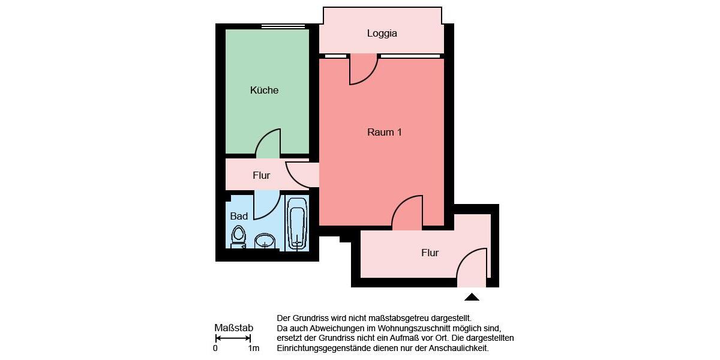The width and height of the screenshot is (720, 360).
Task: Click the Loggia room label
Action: pos(382,34)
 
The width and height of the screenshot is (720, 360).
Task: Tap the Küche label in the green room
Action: pos(264,91)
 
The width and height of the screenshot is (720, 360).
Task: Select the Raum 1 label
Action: pos(384,132)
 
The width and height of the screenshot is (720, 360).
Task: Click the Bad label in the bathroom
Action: pos(239,216)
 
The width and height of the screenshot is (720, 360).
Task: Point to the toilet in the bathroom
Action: pos(239,236)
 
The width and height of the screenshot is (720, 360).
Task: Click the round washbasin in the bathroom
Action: pos(265,241)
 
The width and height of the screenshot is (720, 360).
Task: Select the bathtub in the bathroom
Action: pos(297,223)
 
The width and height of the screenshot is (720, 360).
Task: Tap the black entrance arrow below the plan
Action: pos(472,296)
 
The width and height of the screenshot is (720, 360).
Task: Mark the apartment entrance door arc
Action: pos(472,268)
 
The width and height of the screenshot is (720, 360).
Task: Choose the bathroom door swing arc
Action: pos(266,205)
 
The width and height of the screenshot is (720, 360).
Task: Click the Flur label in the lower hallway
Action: pos(430,253)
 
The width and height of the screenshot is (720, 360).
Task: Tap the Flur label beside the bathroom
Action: pos(261,176)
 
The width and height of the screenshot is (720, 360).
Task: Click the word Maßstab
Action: pos(233,328)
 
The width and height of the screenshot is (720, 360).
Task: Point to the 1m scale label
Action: pos(253,349)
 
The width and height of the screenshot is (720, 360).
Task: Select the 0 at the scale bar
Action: pos(215,349)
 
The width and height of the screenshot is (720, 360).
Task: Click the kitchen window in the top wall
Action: pos(283,26)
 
